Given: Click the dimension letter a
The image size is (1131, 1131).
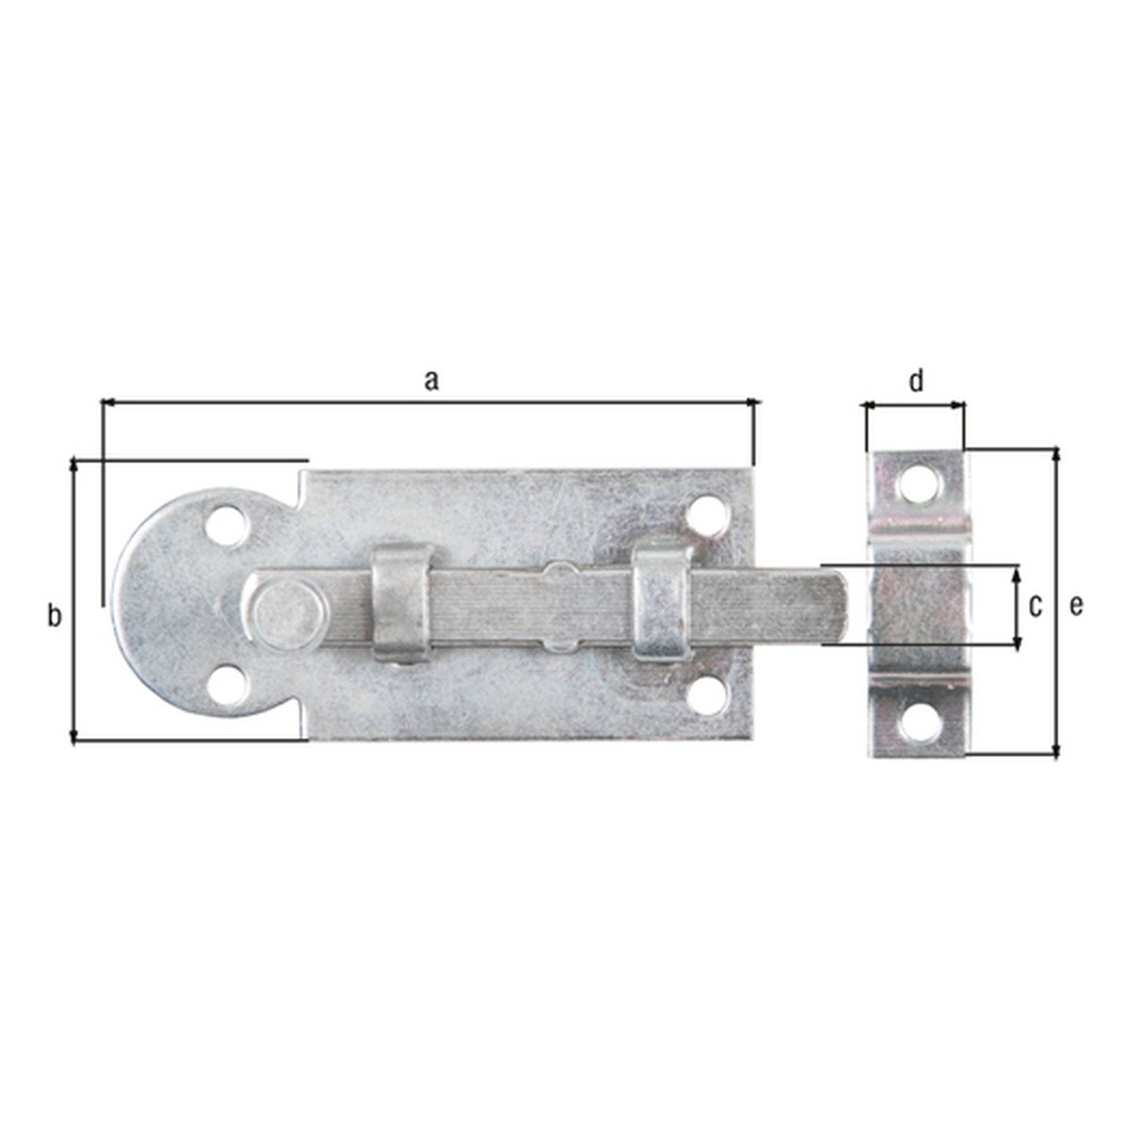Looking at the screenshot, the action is (432, 382).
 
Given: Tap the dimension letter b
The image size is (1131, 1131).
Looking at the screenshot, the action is (54, 615).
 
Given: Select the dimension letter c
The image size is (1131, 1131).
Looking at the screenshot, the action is (1035, 606).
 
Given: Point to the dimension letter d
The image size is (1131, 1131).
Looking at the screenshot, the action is (915, 381).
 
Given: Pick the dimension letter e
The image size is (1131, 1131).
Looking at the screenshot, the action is (1075, 606).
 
